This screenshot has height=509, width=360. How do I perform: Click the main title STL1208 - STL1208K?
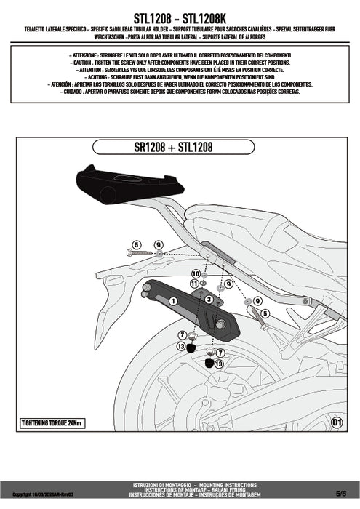click(x=180, y=14)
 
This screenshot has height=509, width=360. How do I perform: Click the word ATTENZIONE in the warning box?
click(x=82, y=56)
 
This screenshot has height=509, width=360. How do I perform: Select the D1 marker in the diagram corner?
click(x=336, y=422)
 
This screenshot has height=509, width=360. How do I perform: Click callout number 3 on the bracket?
click(x=209, y=299)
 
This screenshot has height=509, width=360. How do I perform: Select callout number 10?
click(x=195, y=273)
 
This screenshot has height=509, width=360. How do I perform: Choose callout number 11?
click(x=193, y=283)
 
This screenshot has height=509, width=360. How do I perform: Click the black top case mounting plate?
click(x=121, y=182)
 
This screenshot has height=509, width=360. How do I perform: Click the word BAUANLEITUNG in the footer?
click(x=237, y=489)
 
